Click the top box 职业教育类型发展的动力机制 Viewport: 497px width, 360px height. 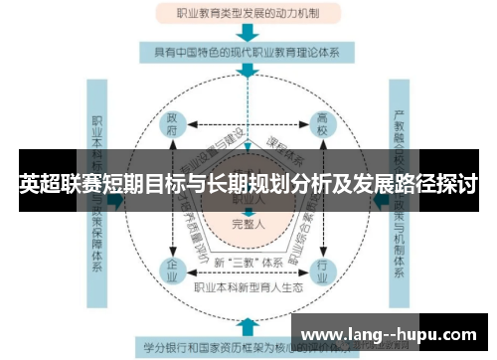coord(248,15)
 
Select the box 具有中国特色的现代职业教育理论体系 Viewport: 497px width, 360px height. coord(248,51)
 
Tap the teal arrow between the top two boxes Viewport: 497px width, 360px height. coord(248,33)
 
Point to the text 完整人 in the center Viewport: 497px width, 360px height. coord(248,224)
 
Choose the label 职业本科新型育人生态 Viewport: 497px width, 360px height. coord(248,288)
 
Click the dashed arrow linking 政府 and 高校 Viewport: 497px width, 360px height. coord(248,123)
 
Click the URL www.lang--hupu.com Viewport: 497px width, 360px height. coord(387,333)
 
